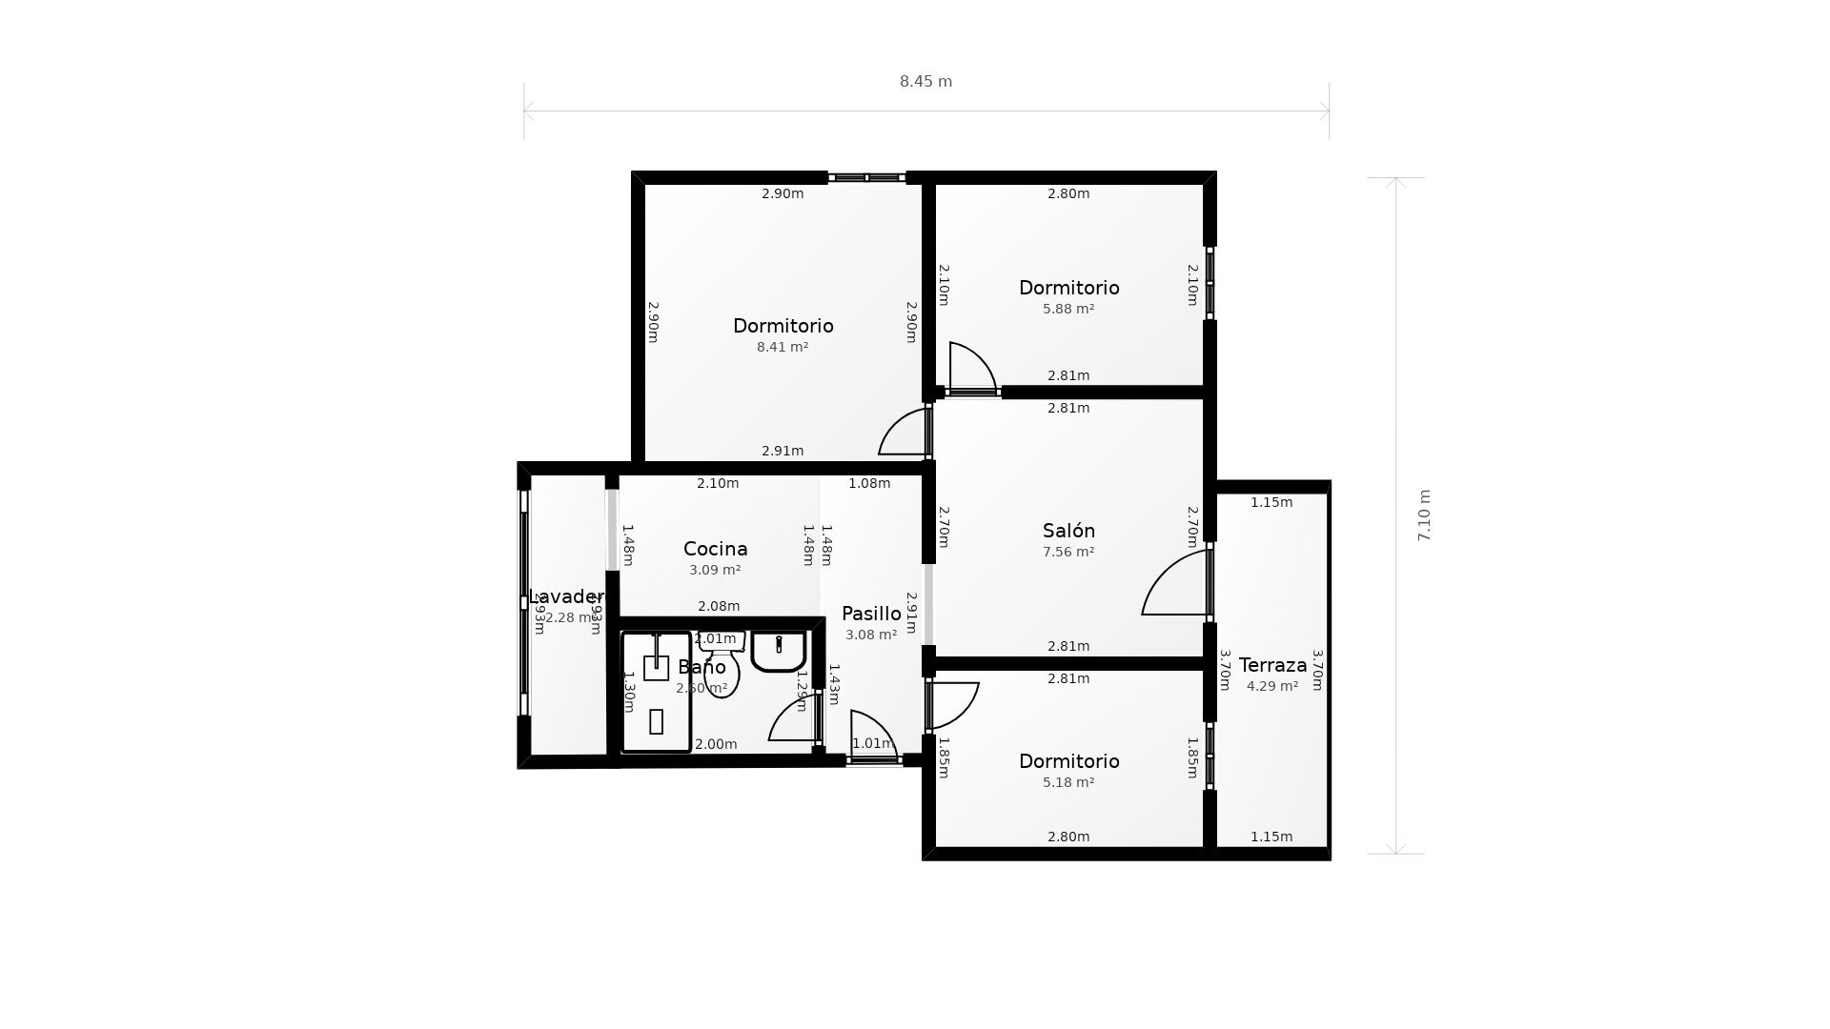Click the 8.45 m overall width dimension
tap(925, 82)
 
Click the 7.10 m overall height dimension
tap(1425, 515)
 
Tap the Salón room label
tap(1068, 531)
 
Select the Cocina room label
tap(715, 549)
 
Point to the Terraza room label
tap(1272, 665)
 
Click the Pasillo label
tap(871, 614)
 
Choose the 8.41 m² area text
tap(783, 347)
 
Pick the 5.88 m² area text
tap(1068, 309)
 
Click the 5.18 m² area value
tap(1068, 782)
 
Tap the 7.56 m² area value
tap(1068, 552)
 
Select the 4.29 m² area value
tap(1272, 686)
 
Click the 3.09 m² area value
tap(715, 570)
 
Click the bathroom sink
tap(779, 650)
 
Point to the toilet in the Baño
tap(722, 671)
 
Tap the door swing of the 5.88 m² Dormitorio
tap(971, 367)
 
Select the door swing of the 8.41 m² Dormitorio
tap(903, 433)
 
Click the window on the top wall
tap(866, 177)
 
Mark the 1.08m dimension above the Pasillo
tap(869, 483)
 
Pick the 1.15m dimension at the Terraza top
tap(1271, 502)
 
